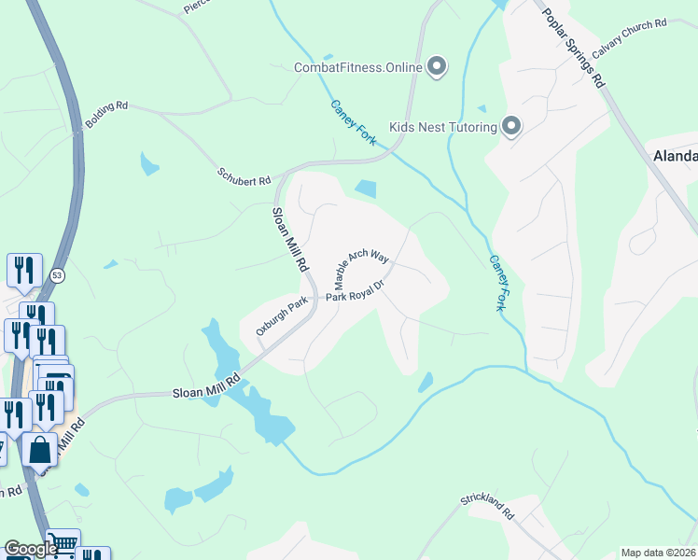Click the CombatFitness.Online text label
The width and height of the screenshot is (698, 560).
tap(357, 66)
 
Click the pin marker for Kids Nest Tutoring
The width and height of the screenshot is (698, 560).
tap(511, 126)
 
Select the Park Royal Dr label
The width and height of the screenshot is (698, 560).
tap(356, 293)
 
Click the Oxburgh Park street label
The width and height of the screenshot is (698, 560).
tap(283, 312)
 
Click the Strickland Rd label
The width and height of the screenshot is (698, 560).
tap(487, 507)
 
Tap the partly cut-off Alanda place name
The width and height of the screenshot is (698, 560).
tap(674, 156)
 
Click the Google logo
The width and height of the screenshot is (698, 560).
tap(30, 549)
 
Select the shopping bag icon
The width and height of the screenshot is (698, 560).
tap(39, 450)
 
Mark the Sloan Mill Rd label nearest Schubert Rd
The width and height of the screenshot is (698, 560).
tap(289, 240)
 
